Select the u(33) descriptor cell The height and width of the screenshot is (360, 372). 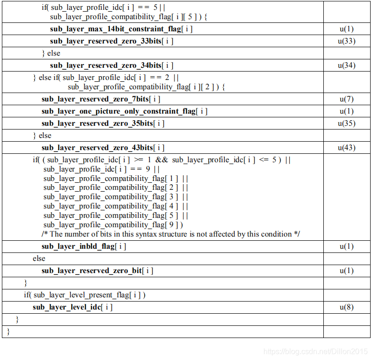click(x=346, y=41)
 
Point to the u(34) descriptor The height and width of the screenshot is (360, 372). click(x=346, y=65)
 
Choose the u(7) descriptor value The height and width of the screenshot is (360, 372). click(x=346, y=99)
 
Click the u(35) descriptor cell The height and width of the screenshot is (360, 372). click(x=346, y=123)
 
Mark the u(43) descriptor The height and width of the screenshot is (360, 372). click(x=346, y=148)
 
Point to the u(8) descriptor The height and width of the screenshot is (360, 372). click(x=346, y=307)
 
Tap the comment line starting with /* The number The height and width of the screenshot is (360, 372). click(x=170, y=234)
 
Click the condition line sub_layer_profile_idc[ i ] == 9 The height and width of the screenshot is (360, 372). click(x=102, y=169)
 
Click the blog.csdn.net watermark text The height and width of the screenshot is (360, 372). click(x=315, y=351)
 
